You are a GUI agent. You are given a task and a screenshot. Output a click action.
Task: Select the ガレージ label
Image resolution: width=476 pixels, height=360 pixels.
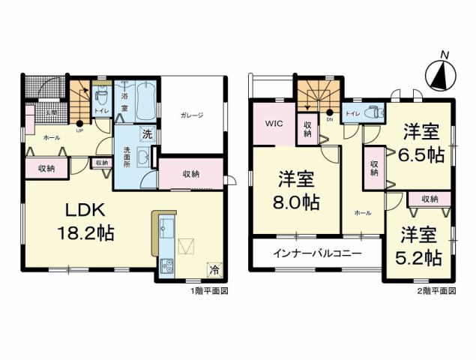point(191,115)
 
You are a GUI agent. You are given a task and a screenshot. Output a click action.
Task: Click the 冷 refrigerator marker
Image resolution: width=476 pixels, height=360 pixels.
point(214,268)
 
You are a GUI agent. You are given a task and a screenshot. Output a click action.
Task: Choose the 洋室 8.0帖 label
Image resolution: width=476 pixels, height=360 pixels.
point(297,190)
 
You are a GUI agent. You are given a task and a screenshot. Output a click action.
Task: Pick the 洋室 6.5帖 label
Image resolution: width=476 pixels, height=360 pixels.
point(420,142)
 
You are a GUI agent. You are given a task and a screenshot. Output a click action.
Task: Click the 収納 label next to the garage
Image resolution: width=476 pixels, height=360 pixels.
point(190,173)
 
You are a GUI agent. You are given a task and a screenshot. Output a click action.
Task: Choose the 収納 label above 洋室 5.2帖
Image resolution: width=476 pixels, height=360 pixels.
point(429,199)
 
